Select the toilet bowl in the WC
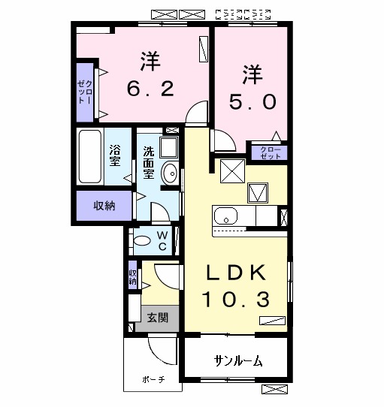coord(140,240)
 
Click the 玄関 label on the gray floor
coord(157,318)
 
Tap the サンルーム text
coord(237,361)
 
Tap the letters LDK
coord(234,272)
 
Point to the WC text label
coord(162,240)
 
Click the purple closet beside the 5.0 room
coord(268,152)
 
